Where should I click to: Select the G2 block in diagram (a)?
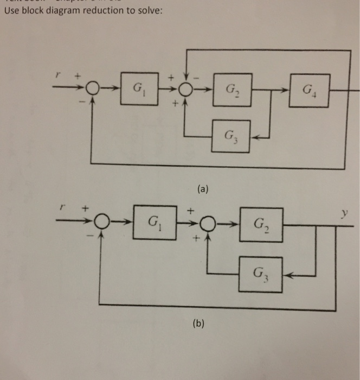pos(232,87)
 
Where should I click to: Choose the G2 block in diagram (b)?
pos(262,223)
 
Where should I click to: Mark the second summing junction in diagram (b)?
pos(208,223)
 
